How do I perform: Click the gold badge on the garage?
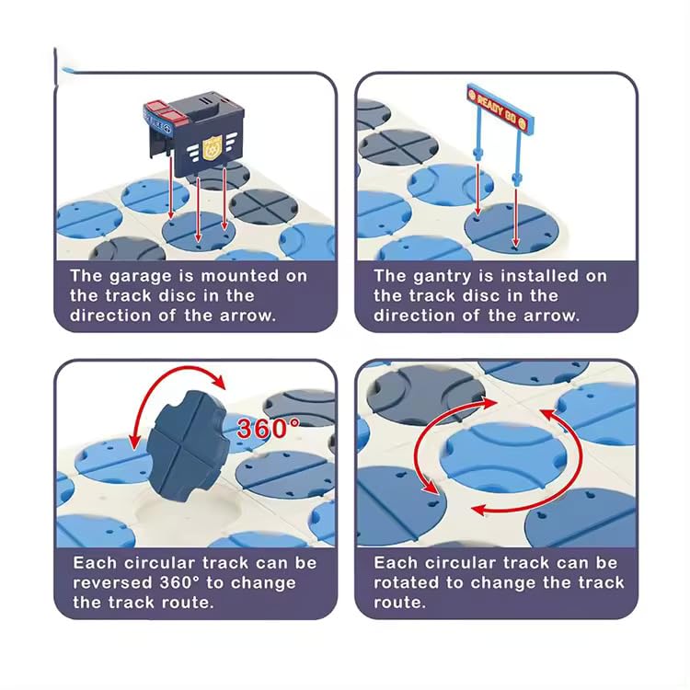(x=212, y=147)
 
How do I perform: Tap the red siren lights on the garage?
(x=161, y=110)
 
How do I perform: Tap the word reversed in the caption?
(x=113, y=583)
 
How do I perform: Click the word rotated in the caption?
(x=406, y=583)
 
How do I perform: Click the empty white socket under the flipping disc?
(x=189, y=518)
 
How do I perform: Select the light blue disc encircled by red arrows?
(x=503, y=457)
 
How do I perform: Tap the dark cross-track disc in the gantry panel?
(x=398, y=146)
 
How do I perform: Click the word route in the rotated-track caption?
(x=399, y=603)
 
